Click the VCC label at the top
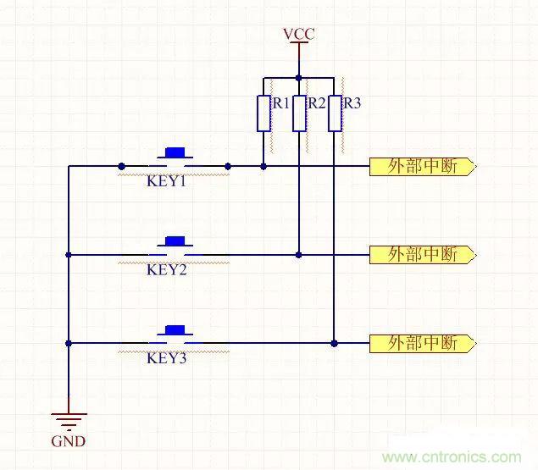pos(298,34)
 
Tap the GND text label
pos(69,441)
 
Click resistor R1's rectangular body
pos(263,113)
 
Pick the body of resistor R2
pos(298,113)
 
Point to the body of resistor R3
pos(335,113)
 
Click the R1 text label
pos(280,103)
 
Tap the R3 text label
pos(352,103)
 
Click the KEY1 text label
pos(166,181)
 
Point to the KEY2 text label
pos(166,270)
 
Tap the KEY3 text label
pos(166,358)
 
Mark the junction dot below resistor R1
pos(263,166)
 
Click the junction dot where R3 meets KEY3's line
pos(335,343)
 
